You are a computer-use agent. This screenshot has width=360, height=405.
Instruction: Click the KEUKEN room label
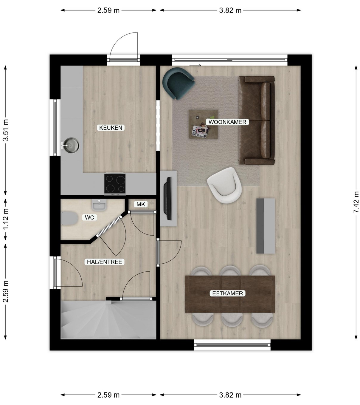(x=111, y=128)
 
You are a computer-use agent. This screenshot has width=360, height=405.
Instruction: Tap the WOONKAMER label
(x=227, y=122)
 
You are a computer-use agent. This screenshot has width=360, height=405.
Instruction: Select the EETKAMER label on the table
(x=228, y=293)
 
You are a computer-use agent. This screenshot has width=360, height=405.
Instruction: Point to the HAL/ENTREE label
(x=105, y=262)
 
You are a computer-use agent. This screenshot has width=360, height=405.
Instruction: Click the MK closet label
(x=141, y=204)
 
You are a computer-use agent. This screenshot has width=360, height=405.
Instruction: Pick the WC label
(x=89, y=217)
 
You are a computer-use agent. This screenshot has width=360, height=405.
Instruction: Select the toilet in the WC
(x=69, y=219)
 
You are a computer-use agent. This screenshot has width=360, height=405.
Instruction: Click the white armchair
(x=224, y=185)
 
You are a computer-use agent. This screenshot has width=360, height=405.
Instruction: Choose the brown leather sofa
(x=257, y=120)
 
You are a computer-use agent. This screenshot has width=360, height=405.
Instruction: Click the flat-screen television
(x=167, y=198)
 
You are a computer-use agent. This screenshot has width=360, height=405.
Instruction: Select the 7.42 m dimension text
(x=356, y=202)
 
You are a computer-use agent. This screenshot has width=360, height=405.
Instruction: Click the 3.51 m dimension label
(x=6, y=130)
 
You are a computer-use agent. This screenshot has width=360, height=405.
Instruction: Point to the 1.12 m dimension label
(x=6, y=219)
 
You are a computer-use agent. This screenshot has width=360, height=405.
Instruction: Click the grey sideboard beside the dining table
(x=266, y=226)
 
